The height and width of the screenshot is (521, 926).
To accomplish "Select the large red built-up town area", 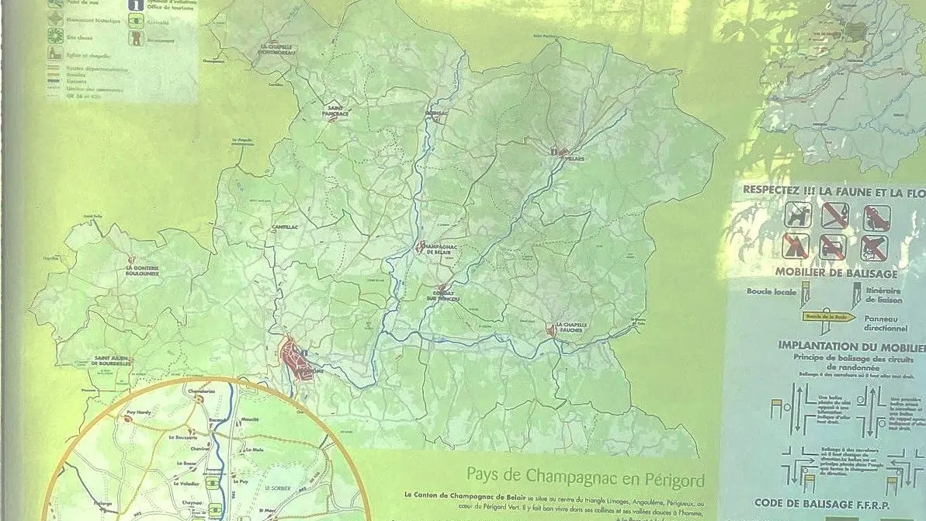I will point(296,359).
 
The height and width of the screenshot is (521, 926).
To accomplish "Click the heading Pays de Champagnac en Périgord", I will point(585,474).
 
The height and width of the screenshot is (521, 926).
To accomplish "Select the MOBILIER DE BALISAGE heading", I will point(835,273).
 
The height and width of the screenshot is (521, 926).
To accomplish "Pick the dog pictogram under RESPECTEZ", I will point(796,215).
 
